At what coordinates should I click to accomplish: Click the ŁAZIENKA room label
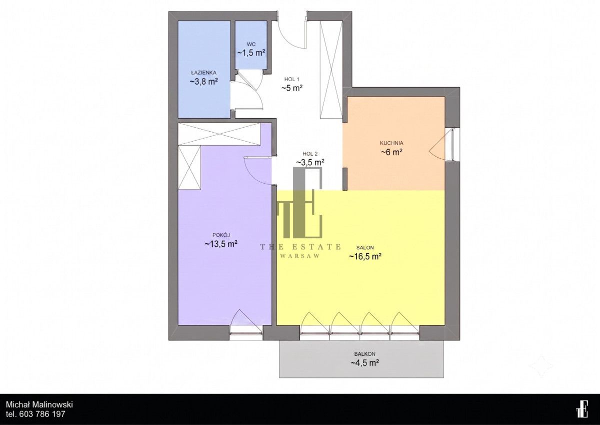203,73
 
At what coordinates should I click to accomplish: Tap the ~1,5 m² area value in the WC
251,53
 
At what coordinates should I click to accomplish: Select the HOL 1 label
291,80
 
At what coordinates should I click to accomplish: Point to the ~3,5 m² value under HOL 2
310,162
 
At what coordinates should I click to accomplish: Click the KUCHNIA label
391,143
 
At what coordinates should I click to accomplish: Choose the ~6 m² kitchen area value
391,152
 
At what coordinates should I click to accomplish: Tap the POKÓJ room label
221,235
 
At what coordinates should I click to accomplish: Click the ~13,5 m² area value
221,244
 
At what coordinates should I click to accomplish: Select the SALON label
365,248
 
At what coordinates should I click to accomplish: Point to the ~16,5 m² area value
365,257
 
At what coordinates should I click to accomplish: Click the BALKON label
365,354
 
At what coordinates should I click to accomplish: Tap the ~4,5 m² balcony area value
365,363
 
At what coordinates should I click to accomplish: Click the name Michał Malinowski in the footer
39,404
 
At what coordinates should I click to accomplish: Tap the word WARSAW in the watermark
300,256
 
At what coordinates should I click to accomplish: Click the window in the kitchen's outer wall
452,145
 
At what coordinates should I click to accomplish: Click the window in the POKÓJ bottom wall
246,333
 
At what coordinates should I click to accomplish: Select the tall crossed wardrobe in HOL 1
331,70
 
